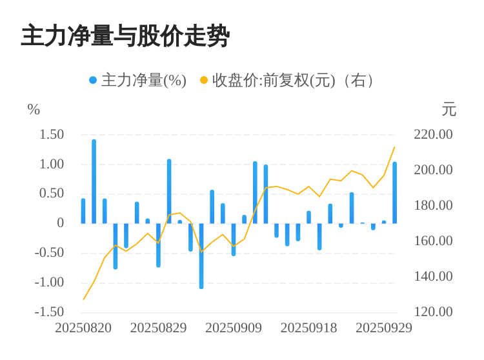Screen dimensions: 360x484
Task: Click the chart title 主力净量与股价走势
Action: click(x=125, y=36)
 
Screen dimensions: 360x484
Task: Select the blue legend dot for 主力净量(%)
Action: click(x=93, y=81)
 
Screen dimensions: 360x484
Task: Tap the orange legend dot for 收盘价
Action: click(x=204, y=81)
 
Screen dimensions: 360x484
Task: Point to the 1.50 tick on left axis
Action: click(x=52, y=134)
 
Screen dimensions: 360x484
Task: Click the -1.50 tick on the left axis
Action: click(x=50, y=312)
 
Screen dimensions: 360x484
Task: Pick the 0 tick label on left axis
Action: click(x=61, y=223)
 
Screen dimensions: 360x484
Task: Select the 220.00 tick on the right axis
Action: click(x=433, y=134)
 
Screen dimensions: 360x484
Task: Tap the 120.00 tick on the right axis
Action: click(x=433, y=312)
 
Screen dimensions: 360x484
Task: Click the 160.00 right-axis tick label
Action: click(x=433, y=241)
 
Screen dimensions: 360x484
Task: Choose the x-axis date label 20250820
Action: click(x=83, y=328)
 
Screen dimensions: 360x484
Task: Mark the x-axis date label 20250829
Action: click(x=158, y=328)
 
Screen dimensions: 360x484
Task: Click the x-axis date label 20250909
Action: click(x=234, y=328)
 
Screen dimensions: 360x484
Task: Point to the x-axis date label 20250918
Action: click(x=308, y=328)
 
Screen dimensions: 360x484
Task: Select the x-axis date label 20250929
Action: click(x=384, y=328)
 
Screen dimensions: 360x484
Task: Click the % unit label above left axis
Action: click(x=34, y=110)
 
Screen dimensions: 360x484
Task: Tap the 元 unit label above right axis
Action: click(x=449, y=110)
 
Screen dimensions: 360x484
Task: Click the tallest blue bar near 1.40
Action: click(x=94, y=181)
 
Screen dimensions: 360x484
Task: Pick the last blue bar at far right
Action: click(x=394, y=192)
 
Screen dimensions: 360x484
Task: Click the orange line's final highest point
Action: click(x=394, y=147)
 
